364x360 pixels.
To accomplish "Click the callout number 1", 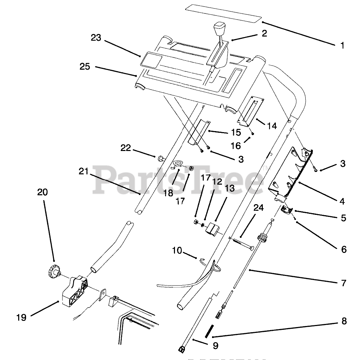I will pyautogui.click(x=342, y=45).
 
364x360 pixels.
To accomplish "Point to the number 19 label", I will pyautogui.click(x=21, y=317).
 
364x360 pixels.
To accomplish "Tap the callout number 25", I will pyautogui.click(x=85, y=66).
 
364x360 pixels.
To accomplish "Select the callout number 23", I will pyautogui.click(x=96, y=38).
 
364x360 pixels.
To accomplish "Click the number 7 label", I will pyautogui.click(x=343, y=283).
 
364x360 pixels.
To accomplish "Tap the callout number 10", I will pyautogui.click(x=177, y=251).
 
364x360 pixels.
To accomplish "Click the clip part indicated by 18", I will pyautogui.click(x=177, y=165).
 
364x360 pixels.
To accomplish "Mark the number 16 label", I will pyautogui.click(x=236, y=146).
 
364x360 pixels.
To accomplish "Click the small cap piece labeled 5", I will pyautogui.click(x=286, y=209).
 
